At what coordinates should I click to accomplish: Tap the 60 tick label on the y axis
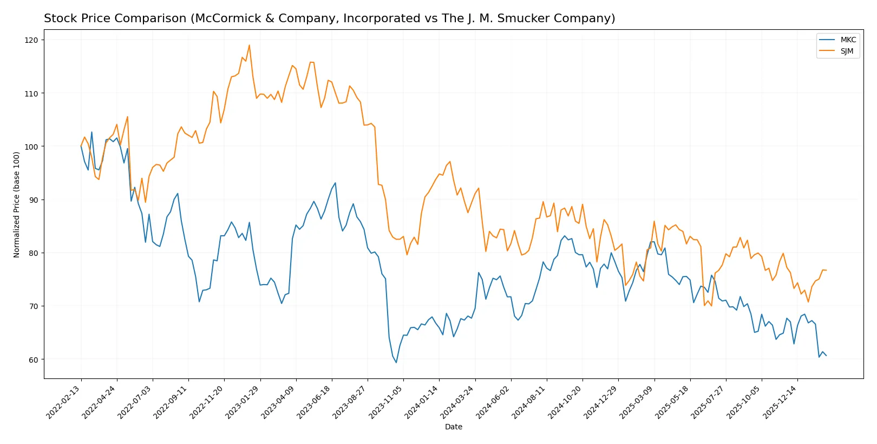tap(33, 359)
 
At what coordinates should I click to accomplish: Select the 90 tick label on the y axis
tap(33, 200)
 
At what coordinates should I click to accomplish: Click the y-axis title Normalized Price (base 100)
tap(17, 204)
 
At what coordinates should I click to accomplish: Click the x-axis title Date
tap(453, 427)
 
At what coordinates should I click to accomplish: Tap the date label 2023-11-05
tap(386, 402)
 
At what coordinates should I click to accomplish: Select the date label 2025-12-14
tap(780, 402)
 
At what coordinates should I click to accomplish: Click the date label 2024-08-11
tap(529, 402)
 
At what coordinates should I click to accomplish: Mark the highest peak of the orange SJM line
tap(249, 45)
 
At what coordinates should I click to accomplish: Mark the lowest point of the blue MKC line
tap(396, 363)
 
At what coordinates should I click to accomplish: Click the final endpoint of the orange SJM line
tap(826, 270)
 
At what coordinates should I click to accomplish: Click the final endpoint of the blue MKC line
tap(826, 356)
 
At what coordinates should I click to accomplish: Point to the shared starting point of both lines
tap(81, 146)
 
